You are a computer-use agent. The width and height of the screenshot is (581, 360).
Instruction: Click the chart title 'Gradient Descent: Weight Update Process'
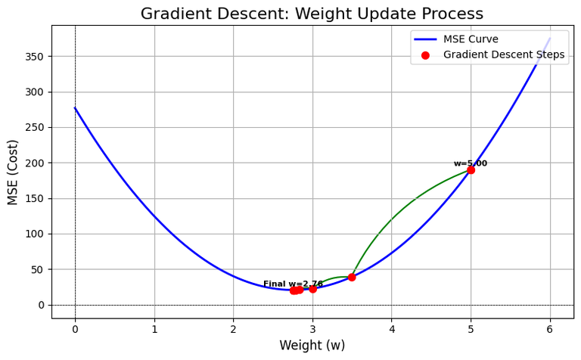click(312, 14)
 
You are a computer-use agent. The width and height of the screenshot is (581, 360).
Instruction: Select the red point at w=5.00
click(471, 170)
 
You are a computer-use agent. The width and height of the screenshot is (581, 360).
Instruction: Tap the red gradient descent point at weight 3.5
click(352, 277)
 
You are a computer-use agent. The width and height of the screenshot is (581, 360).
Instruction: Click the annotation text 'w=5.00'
click(471, 163)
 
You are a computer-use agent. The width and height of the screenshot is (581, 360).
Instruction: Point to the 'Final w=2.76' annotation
click(293, 284)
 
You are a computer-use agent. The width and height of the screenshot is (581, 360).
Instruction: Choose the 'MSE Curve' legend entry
click(471, 39)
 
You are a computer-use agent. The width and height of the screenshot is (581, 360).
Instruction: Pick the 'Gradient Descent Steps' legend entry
click(503, 54)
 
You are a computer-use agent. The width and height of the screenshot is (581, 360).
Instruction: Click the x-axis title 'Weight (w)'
click(312, 346)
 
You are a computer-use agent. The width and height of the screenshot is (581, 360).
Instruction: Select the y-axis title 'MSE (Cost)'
click(13, 172)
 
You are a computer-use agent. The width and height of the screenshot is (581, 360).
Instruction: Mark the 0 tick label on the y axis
click(41, 305)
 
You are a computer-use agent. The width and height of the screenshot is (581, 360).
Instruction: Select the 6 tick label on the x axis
click(550, 328)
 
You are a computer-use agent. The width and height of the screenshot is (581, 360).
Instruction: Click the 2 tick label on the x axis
click(233, 328)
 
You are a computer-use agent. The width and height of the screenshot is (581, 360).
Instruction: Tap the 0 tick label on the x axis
click(75, 328)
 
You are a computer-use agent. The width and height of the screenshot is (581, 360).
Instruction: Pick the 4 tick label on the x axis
click(392, 328)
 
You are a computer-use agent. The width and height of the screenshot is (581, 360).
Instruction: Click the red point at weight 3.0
click(312, 288)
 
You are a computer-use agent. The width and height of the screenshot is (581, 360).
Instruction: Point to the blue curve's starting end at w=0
click(75, 108)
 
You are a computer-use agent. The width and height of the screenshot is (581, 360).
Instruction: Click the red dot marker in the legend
click(426, 54)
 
